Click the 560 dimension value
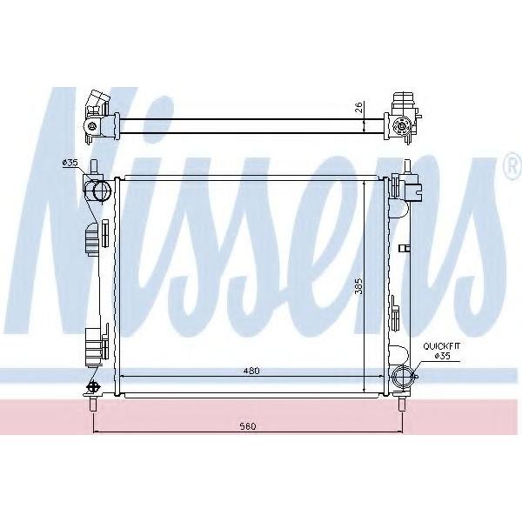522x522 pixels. (x=248, y=425)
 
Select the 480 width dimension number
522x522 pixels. (x=251, y=371)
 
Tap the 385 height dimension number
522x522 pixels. (x=358, y=285)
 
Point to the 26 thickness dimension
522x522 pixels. (x=358, y=107)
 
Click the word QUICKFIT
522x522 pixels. (x=441, y=346)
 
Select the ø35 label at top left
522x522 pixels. (x=70, y=163)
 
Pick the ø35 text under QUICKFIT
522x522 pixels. (x=443, y=356)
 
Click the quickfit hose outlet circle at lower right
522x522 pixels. (x=403, y=377)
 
